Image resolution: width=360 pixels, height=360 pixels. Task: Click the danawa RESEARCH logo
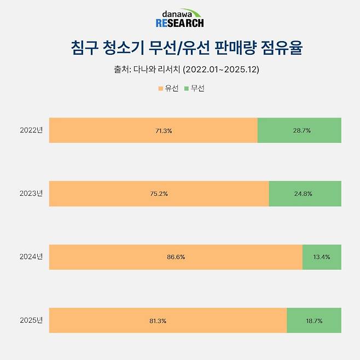point(179,19)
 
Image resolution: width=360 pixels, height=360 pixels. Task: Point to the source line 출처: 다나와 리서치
point(179,69)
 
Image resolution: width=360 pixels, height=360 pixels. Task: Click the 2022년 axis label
point(31,130)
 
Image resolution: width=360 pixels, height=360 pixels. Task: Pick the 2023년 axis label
point(31,194)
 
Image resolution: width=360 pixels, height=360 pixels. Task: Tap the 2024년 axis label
point(31,257)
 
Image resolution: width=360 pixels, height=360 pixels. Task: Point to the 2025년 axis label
point(31,320)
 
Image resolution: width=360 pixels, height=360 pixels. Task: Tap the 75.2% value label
point(159,194)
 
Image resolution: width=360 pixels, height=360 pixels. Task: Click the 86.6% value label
point(176,257)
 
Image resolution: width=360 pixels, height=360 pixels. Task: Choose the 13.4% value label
point(321,257)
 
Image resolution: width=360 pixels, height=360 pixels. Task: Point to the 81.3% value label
point(168,321)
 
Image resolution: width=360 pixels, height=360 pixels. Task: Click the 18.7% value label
point(314,321)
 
